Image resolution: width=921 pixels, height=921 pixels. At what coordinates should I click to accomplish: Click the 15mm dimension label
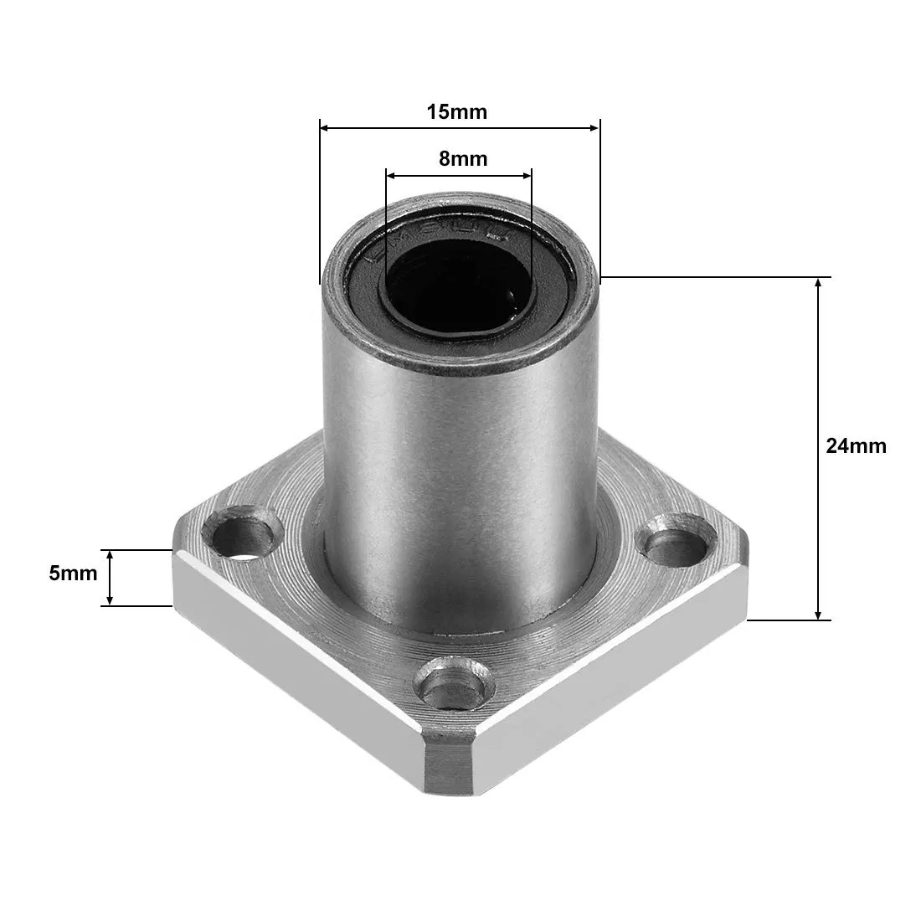pos(456,111)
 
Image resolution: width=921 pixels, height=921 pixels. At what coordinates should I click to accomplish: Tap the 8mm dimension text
pos(462,158)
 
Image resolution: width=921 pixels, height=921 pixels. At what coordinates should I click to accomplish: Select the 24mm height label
pos(856,445)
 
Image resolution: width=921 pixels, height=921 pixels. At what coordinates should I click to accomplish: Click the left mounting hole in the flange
pos(246,536)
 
